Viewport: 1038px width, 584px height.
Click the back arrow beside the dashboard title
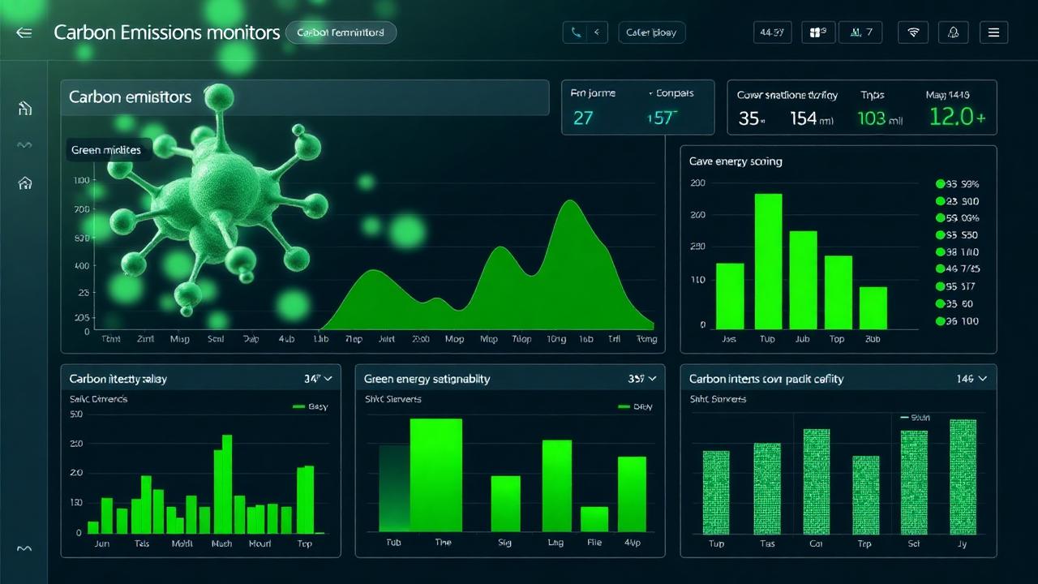point(24,33)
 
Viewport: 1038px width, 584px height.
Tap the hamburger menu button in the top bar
point(993,32)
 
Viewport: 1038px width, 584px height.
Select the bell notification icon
point(954,32)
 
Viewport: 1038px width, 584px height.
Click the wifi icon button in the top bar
point(913,32)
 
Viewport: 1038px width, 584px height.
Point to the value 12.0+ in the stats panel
point(957,118)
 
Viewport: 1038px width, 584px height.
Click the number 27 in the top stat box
point(583,118)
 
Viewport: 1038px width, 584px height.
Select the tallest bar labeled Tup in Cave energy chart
point(768,260)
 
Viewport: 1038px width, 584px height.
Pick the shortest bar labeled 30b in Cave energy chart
point(873,307)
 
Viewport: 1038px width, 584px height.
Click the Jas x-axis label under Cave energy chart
point(728,339)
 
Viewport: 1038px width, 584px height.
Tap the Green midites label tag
point(106,150)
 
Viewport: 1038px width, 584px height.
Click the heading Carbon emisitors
point(130,97)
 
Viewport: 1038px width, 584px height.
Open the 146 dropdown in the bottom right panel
point(971,379)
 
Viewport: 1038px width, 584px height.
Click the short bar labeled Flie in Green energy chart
point(594,519)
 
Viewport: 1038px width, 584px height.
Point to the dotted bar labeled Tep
point(865,495)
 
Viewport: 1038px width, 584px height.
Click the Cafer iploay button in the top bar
point(651,33)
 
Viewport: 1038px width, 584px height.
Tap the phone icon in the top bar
point(576,33)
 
